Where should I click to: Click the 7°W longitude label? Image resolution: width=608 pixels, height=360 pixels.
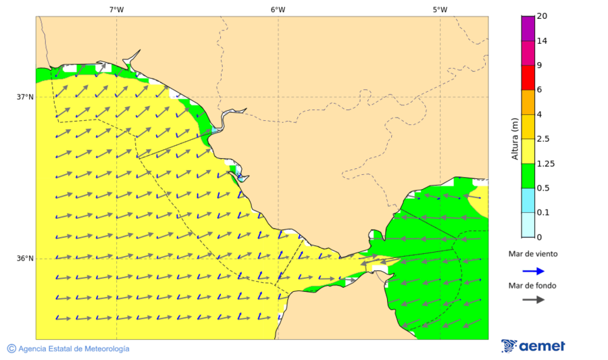[x=116, y=9]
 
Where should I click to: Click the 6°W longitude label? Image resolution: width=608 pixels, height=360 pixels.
[x=278, y=9]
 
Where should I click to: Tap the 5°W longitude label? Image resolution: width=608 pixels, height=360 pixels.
[x=440, y=9]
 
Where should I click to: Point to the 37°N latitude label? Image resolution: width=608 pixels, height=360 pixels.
[x=25, y=97]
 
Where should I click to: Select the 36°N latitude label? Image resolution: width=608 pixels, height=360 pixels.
[x=25, y=259]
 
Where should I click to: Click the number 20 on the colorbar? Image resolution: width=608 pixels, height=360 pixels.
[x=541, y=16]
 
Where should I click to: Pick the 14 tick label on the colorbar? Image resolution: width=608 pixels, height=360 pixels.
[x=541, y=41]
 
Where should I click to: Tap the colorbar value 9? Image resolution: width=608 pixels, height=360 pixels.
[x=539, y=66]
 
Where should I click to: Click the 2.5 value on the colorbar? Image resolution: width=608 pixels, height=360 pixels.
[x=542, y=139]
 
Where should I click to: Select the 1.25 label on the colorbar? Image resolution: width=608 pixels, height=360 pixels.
[x=544, y=163]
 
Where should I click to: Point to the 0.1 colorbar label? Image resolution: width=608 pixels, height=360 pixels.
[x=542, y=213]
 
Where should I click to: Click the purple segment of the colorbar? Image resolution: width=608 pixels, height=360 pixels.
[x=528, y=28]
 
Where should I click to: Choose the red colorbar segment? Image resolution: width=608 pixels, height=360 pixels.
[x=528, y=78]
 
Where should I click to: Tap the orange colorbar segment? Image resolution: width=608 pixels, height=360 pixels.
[x=528, y=102]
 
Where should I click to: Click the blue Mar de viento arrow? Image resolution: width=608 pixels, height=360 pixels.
[x=533, y=271]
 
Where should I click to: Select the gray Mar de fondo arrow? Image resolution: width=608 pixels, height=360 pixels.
[x=533, y=299]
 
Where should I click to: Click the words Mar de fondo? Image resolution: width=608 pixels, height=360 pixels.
[x=533, y=286]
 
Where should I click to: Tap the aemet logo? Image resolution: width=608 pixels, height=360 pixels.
[x=534, y=346]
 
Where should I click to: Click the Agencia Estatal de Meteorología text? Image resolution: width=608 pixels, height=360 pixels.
[x=73, y=349]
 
